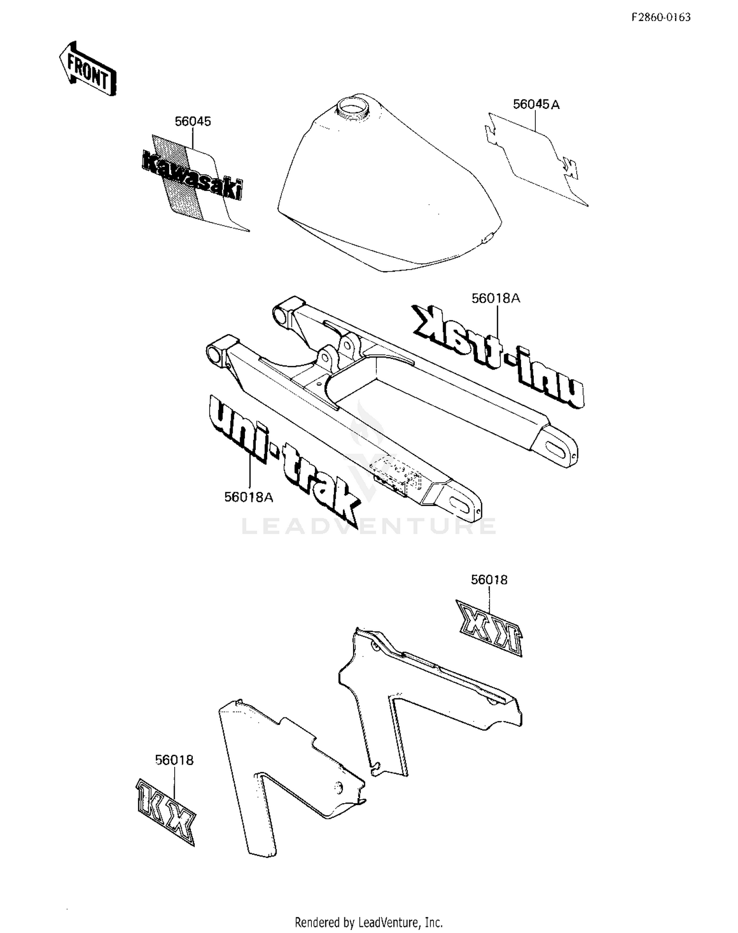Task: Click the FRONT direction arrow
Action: click(x=88, y=68)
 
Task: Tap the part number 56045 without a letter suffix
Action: click(x=193, y=122)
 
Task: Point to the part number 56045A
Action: click(x=536, y=104)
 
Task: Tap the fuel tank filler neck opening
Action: click(x=350, y=107)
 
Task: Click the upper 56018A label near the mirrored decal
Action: click(x=495, y=298)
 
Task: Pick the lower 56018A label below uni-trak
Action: click(x=248, y=497)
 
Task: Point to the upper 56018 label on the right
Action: click(x=489, y=580)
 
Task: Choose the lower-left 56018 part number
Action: click(x=174, y=760)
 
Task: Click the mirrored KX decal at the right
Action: click(x=489, y=628)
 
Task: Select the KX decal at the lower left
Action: click(x=166, y=811)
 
